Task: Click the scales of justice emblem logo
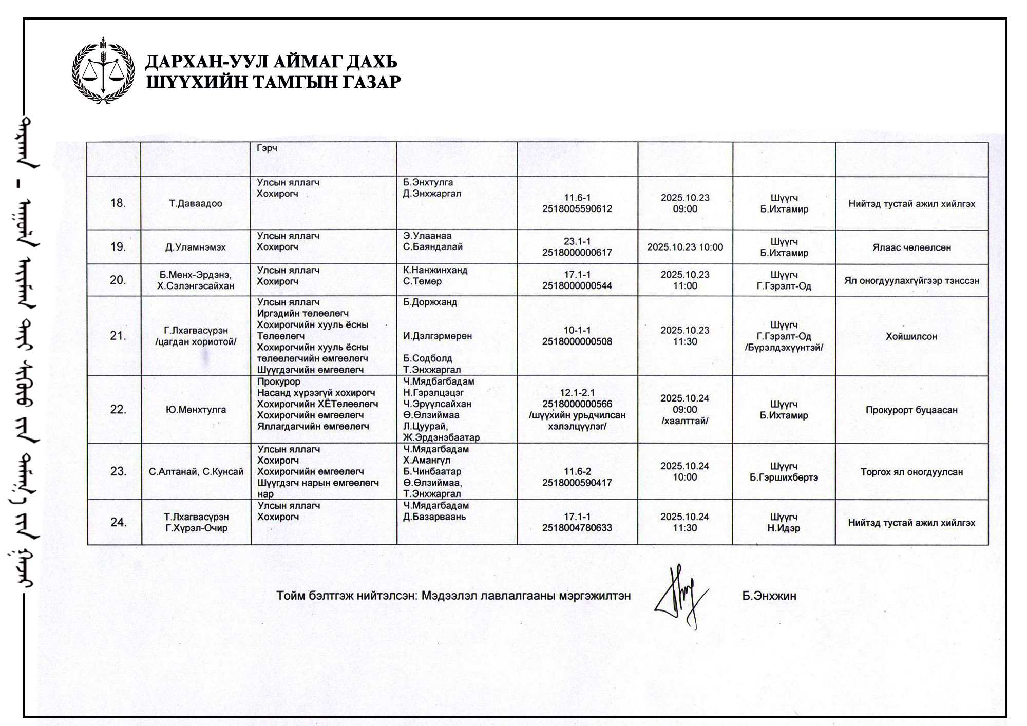(103, 70)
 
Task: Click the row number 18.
(118, 203)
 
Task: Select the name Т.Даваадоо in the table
(196, 204)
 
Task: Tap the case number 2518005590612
(577, 209)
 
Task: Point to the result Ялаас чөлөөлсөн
(911, 247)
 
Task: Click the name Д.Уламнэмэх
(196, 247)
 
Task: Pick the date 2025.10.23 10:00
(685, 247)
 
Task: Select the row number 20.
(118, 280)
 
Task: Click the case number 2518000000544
(577, 286)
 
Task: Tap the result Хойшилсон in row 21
(911, 337)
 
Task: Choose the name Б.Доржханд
(430, 302)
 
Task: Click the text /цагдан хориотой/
(196, 342)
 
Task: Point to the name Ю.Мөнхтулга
(196, 410)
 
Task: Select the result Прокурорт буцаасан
(911, 410)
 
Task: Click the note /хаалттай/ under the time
(685, 421)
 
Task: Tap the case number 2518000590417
(577, 483)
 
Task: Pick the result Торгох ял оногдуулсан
(911, 472)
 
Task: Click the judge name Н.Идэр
(784, 528)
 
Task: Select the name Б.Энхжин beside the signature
(769, 596)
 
